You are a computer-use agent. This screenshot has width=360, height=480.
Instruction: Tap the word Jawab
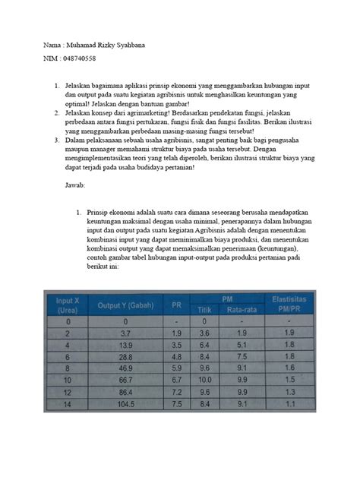tap(76, 185)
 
